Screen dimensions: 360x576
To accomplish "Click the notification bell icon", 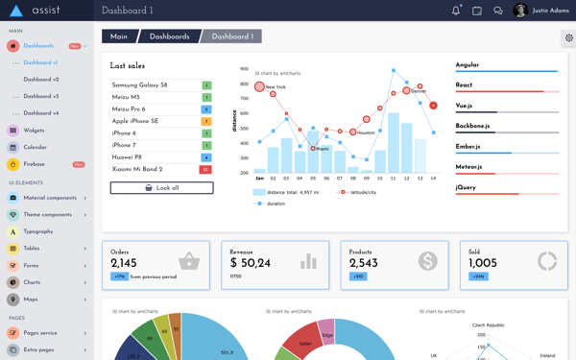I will coord(456,11).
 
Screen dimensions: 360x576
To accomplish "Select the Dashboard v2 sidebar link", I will coord(41,80).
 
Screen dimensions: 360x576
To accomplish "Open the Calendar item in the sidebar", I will coord(35,147).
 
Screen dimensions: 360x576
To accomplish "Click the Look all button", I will coord(161,188).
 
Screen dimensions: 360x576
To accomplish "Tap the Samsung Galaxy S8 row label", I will coord(140,85).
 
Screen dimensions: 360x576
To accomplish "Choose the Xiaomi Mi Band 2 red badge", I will coord(205,170).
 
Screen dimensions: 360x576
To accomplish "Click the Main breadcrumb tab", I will coord(119,36).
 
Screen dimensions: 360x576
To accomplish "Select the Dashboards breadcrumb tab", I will coord(169,36).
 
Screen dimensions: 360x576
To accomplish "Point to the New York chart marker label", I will coord(276,87).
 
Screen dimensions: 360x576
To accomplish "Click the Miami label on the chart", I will coord(322,149).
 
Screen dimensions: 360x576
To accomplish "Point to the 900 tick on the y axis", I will coord(245,70).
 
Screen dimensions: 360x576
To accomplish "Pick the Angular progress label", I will coord(468,65).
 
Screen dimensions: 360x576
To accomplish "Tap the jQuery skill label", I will coord(467,187).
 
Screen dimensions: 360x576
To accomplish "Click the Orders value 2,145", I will coord(124,263).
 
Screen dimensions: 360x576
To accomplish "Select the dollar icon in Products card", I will coord(427,261).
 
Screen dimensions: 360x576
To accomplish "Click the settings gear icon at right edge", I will coord(568,38).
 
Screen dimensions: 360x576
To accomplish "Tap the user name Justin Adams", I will coord(551,11).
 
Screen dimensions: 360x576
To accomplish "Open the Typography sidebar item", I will coord(38,231).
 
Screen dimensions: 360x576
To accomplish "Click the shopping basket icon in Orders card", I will coord(189,261).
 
